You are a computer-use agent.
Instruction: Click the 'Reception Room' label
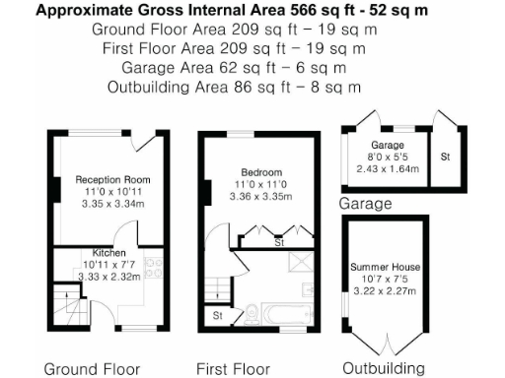pos(111,180)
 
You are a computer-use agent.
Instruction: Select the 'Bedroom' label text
pos(259,173)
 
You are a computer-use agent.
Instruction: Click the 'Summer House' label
pos(385,268)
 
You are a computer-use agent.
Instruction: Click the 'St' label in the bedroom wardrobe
pos(278,241)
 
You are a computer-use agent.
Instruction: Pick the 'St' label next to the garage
pos(446,157)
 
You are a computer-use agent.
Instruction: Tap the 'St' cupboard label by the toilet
pos(217,315)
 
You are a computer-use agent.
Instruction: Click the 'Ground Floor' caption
pos(92,369)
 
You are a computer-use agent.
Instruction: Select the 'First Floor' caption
pos(233,369)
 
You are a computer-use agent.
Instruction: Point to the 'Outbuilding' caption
pos(384,369)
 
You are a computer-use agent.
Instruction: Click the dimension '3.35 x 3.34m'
pos(111,204)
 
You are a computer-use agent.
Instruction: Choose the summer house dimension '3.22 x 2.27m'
pos(385,292)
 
